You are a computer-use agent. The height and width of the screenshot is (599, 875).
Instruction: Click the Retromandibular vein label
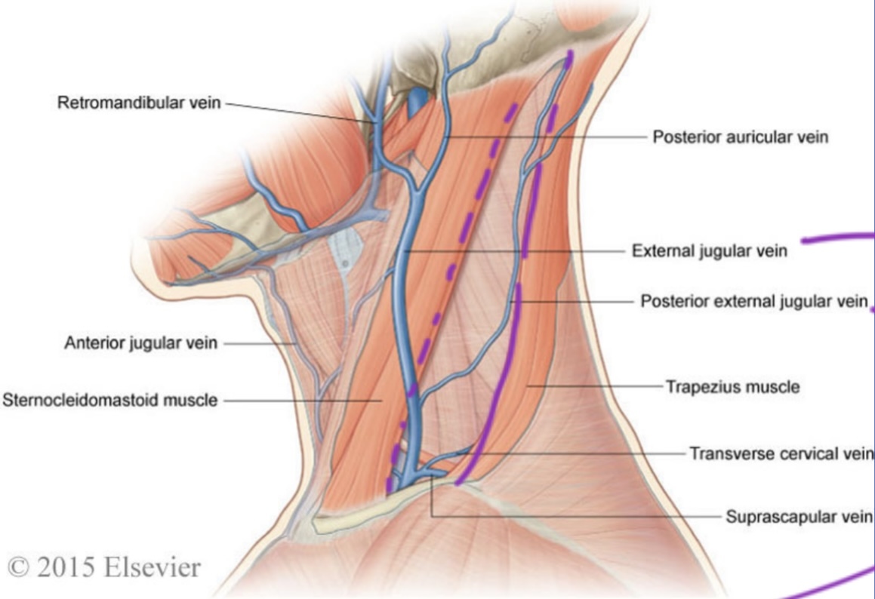[x=139, y=103]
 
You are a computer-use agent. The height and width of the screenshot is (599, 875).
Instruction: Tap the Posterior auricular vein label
[x=740, y=137]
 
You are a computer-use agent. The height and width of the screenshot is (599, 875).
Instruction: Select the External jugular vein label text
[x=709, y=250]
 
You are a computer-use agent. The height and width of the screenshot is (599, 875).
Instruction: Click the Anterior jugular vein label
[x=141, y=343]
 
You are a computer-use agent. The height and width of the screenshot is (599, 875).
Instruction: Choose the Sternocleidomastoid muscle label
[x=110, y=400]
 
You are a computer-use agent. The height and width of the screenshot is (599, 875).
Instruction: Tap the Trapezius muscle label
[x=732, y=387]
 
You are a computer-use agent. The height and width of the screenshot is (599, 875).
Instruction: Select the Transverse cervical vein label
[x=781, y=453]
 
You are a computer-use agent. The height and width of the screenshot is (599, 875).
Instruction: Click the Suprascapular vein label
[x=800, y=517]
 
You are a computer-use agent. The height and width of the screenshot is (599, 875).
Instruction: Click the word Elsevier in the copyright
[x=155, y=567]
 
